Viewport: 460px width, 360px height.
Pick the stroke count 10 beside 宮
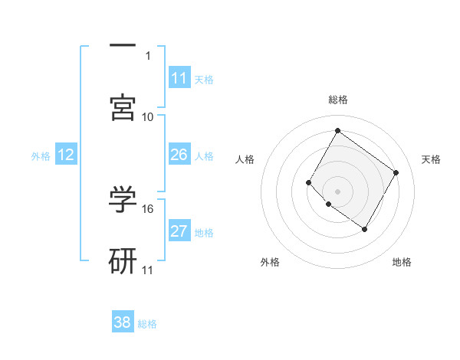(x=148, y=116)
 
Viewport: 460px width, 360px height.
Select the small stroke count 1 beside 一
(x=148, y=55)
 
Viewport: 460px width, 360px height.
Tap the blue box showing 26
(x=179, y=155)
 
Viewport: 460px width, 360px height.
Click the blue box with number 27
(x=179, y=231)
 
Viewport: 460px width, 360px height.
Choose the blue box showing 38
(x=123, y=322)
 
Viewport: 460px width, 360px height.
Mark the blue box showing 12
(x=66, y=155)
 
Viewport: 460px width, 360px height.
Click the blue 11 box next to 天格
(x=179, y=78)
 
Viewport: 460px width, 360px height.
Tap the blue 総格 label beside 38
(x=147, y=324)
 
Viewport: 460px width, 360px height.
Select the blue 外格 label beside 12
(x=41, y=156)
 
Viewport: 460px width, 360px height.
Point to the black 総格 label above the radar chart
(x=337, y=100)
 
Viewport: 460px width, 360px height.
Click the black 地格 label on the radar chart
(x=402, y=262)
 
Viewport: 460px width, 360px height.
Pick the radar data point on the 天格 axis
(x=396, y=172)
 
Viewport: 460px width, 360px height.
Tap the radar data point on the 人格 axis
(x=309, y=182)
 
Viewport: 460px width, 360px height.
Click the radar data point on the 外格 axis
(x=328, y=204)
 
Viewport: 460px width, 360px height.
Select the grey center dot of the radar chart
(x=337, y=191)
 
